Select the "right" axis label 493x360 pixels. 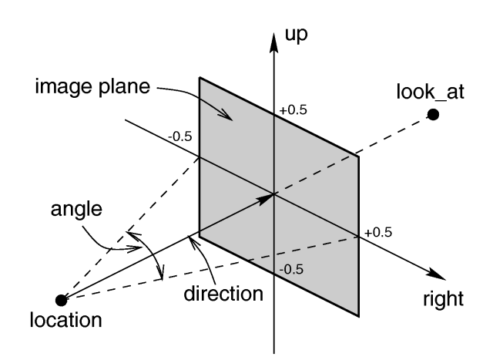pos(442,298)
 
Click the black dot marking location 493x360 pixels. pos(61,300)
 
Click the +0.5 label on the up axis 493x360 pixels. pos(293,111)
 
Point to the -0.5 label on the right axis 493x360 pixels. pos(181,137)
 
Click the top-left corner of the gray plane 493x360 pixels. pos(200,78)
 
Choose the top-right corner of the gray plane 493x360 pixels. pos(359,157)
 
